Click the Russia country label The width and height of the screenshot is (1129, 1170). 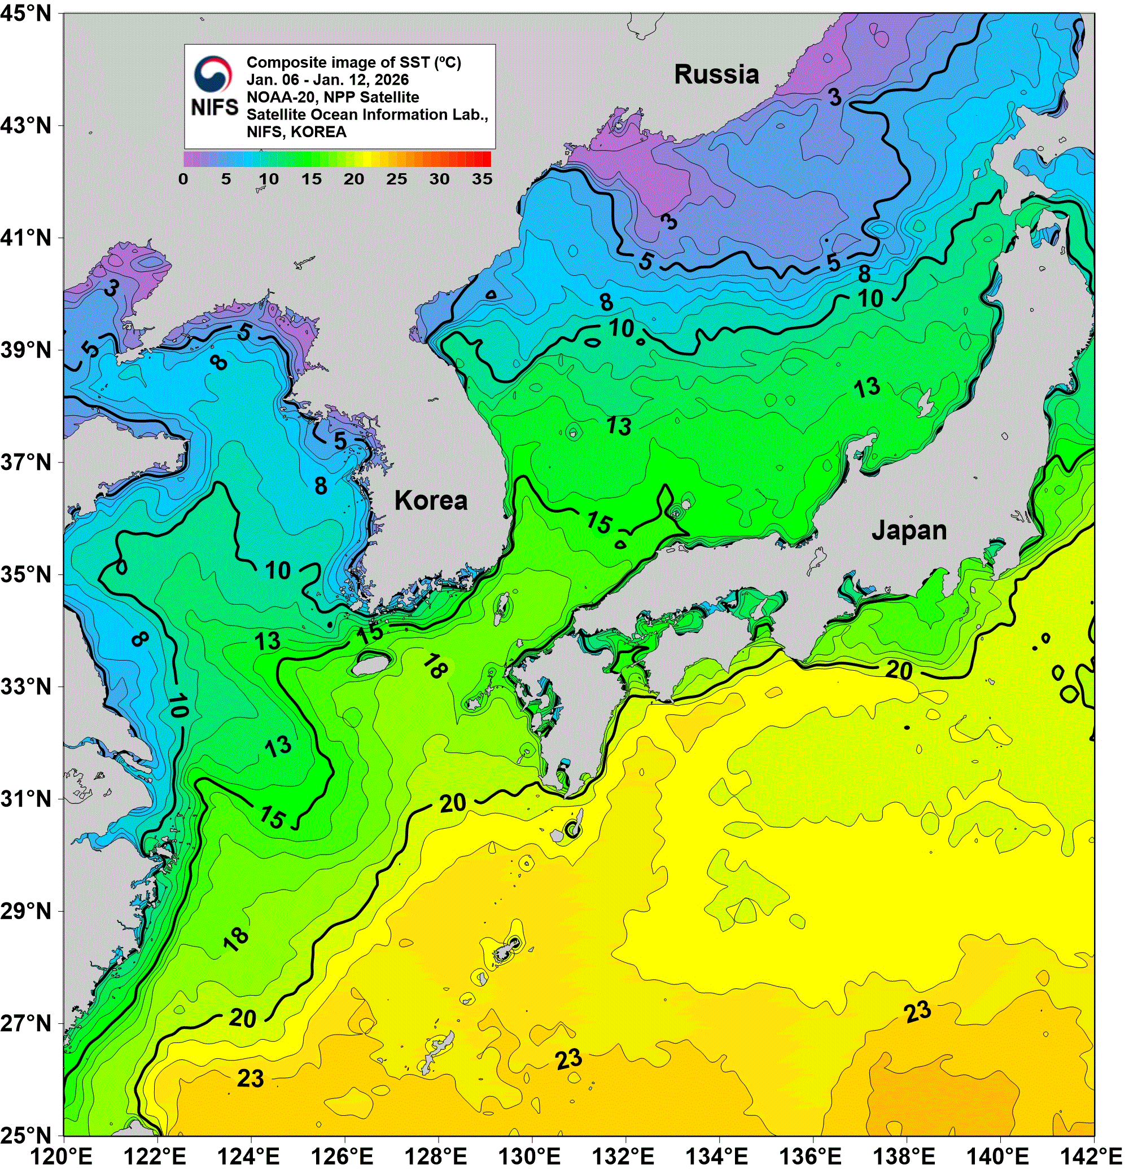coord(716,74)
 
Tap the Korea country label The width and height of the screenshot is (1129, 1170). coord(431,500)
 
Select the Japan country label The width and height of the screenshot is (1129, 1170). coord(909,530)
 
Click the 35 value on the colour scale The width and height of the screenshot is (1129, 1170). coord(482,179)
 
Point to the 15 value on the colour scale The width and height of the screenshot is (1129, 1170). coord(310,179)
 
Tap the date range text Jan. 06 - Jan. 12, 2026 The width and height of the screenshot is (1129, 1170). coord(327,80)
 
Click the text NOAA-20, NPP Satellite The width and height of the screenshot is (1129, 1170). coord(332,96)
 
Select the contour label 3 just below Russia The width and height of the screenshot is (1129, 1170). coord(834,96)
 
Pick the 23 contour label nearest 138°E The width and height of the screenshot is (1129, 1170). coord(917,1011)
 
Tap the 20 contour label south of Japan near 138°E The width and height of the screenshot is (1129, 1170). coord(899,670)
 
